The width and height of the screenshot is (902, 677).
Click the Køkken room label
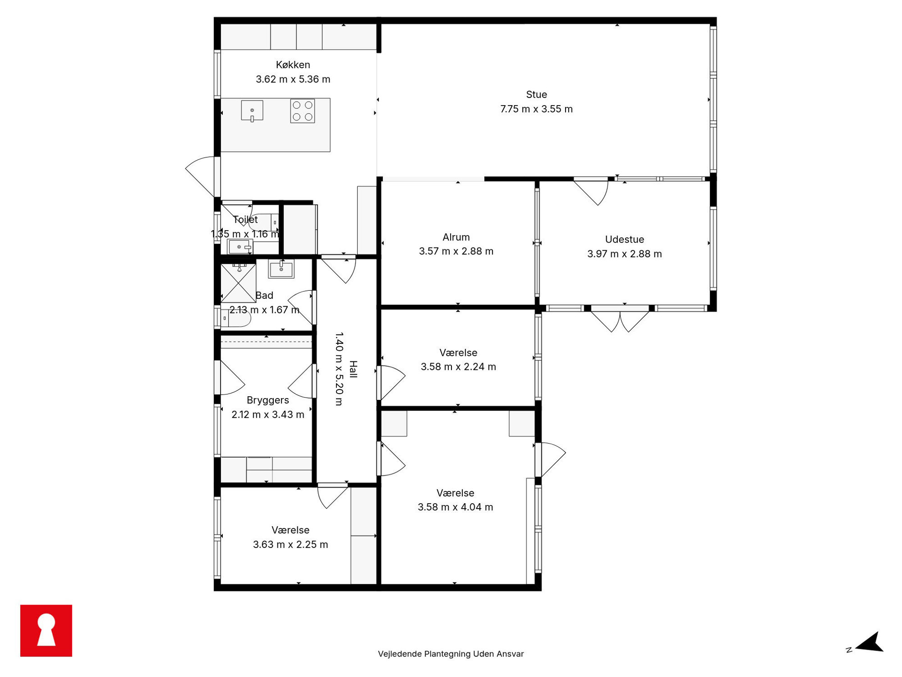[x=293, y=65]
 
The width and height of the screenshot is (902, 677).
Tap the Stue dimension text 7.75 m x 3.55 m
[x=536, y=109]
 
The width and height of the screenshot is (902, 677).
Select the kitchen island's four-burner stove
[x=302, y=111]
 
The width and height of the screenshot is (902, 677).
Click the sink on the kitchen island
[x=252, y=111]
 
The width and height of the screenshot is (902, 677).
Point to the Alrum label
[x=456, y=237]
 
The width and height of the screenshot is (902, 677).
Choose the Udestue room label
[x=624, y=239]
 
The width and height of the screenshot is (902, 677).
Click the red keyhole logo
[x=46, y=631]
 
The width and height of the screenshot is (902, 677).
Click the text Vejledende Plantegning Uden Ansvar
[x=451, y=654]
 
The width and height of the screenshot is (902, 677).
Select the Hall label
[x=353, y=369]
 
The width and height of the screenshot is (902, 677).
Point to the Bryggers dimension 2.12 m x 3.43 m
[x=268, y=414]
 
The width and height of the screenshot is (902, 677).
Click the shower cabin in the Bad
[x=238, y=283]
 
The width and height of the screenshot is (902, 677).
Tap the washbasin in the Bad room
[x=281, y=268]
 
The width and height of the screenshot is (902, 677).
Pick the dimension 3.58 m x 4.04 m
[x=455, y=507]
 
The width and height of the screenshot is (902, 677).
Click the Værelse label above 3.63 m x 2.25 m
[x=290, y=530]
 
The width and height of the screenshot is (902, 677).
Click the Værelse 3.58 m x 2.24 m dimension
[x=458, y=367]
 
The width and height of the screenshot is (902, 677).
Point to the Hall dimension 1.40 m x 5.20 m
[x=339, y=369]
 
